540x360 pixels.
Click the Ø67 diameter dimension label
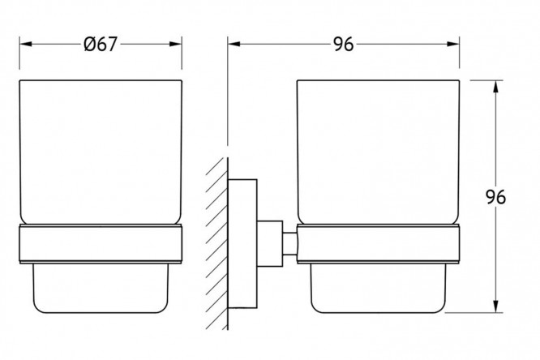pos(101,45)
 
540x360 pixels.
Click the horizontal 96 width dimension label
pos(343,45)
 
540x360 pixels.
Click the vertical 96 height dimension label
pos(495,197)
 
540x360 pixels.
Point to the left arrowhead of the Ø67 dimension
pos(26,44)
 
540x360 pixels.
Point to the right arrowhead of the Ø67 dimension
pos(175,44)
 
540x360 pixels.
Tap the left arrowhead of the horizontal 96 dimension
pos(234,44)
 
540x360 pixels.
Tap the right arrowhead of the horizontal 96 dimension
pos(453,44)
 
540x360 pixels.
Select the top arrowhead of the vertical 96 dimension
pos(495,87)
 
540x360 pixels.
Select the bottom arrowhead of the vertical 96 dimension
pos(495,306)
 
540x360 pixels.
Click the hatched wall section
pos(217,243)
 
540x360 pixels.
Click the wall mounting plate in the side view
pos(242,243)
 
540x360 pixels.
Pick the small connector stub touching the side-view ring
pos(290,244)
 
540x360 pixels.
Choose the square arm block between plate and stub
pos(270,243)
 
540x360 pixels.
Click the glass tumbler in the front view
pos(101,152)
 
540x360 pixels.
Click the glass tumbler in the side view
pos(378,152)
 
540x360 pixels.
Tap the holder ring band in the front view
pos(101,244)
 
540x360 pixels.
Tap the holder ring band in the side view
pos(378,244)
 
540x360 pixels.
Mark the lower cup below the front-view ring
pos(101,289)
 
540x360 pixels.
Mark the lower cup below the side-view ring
pos(378,289)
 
